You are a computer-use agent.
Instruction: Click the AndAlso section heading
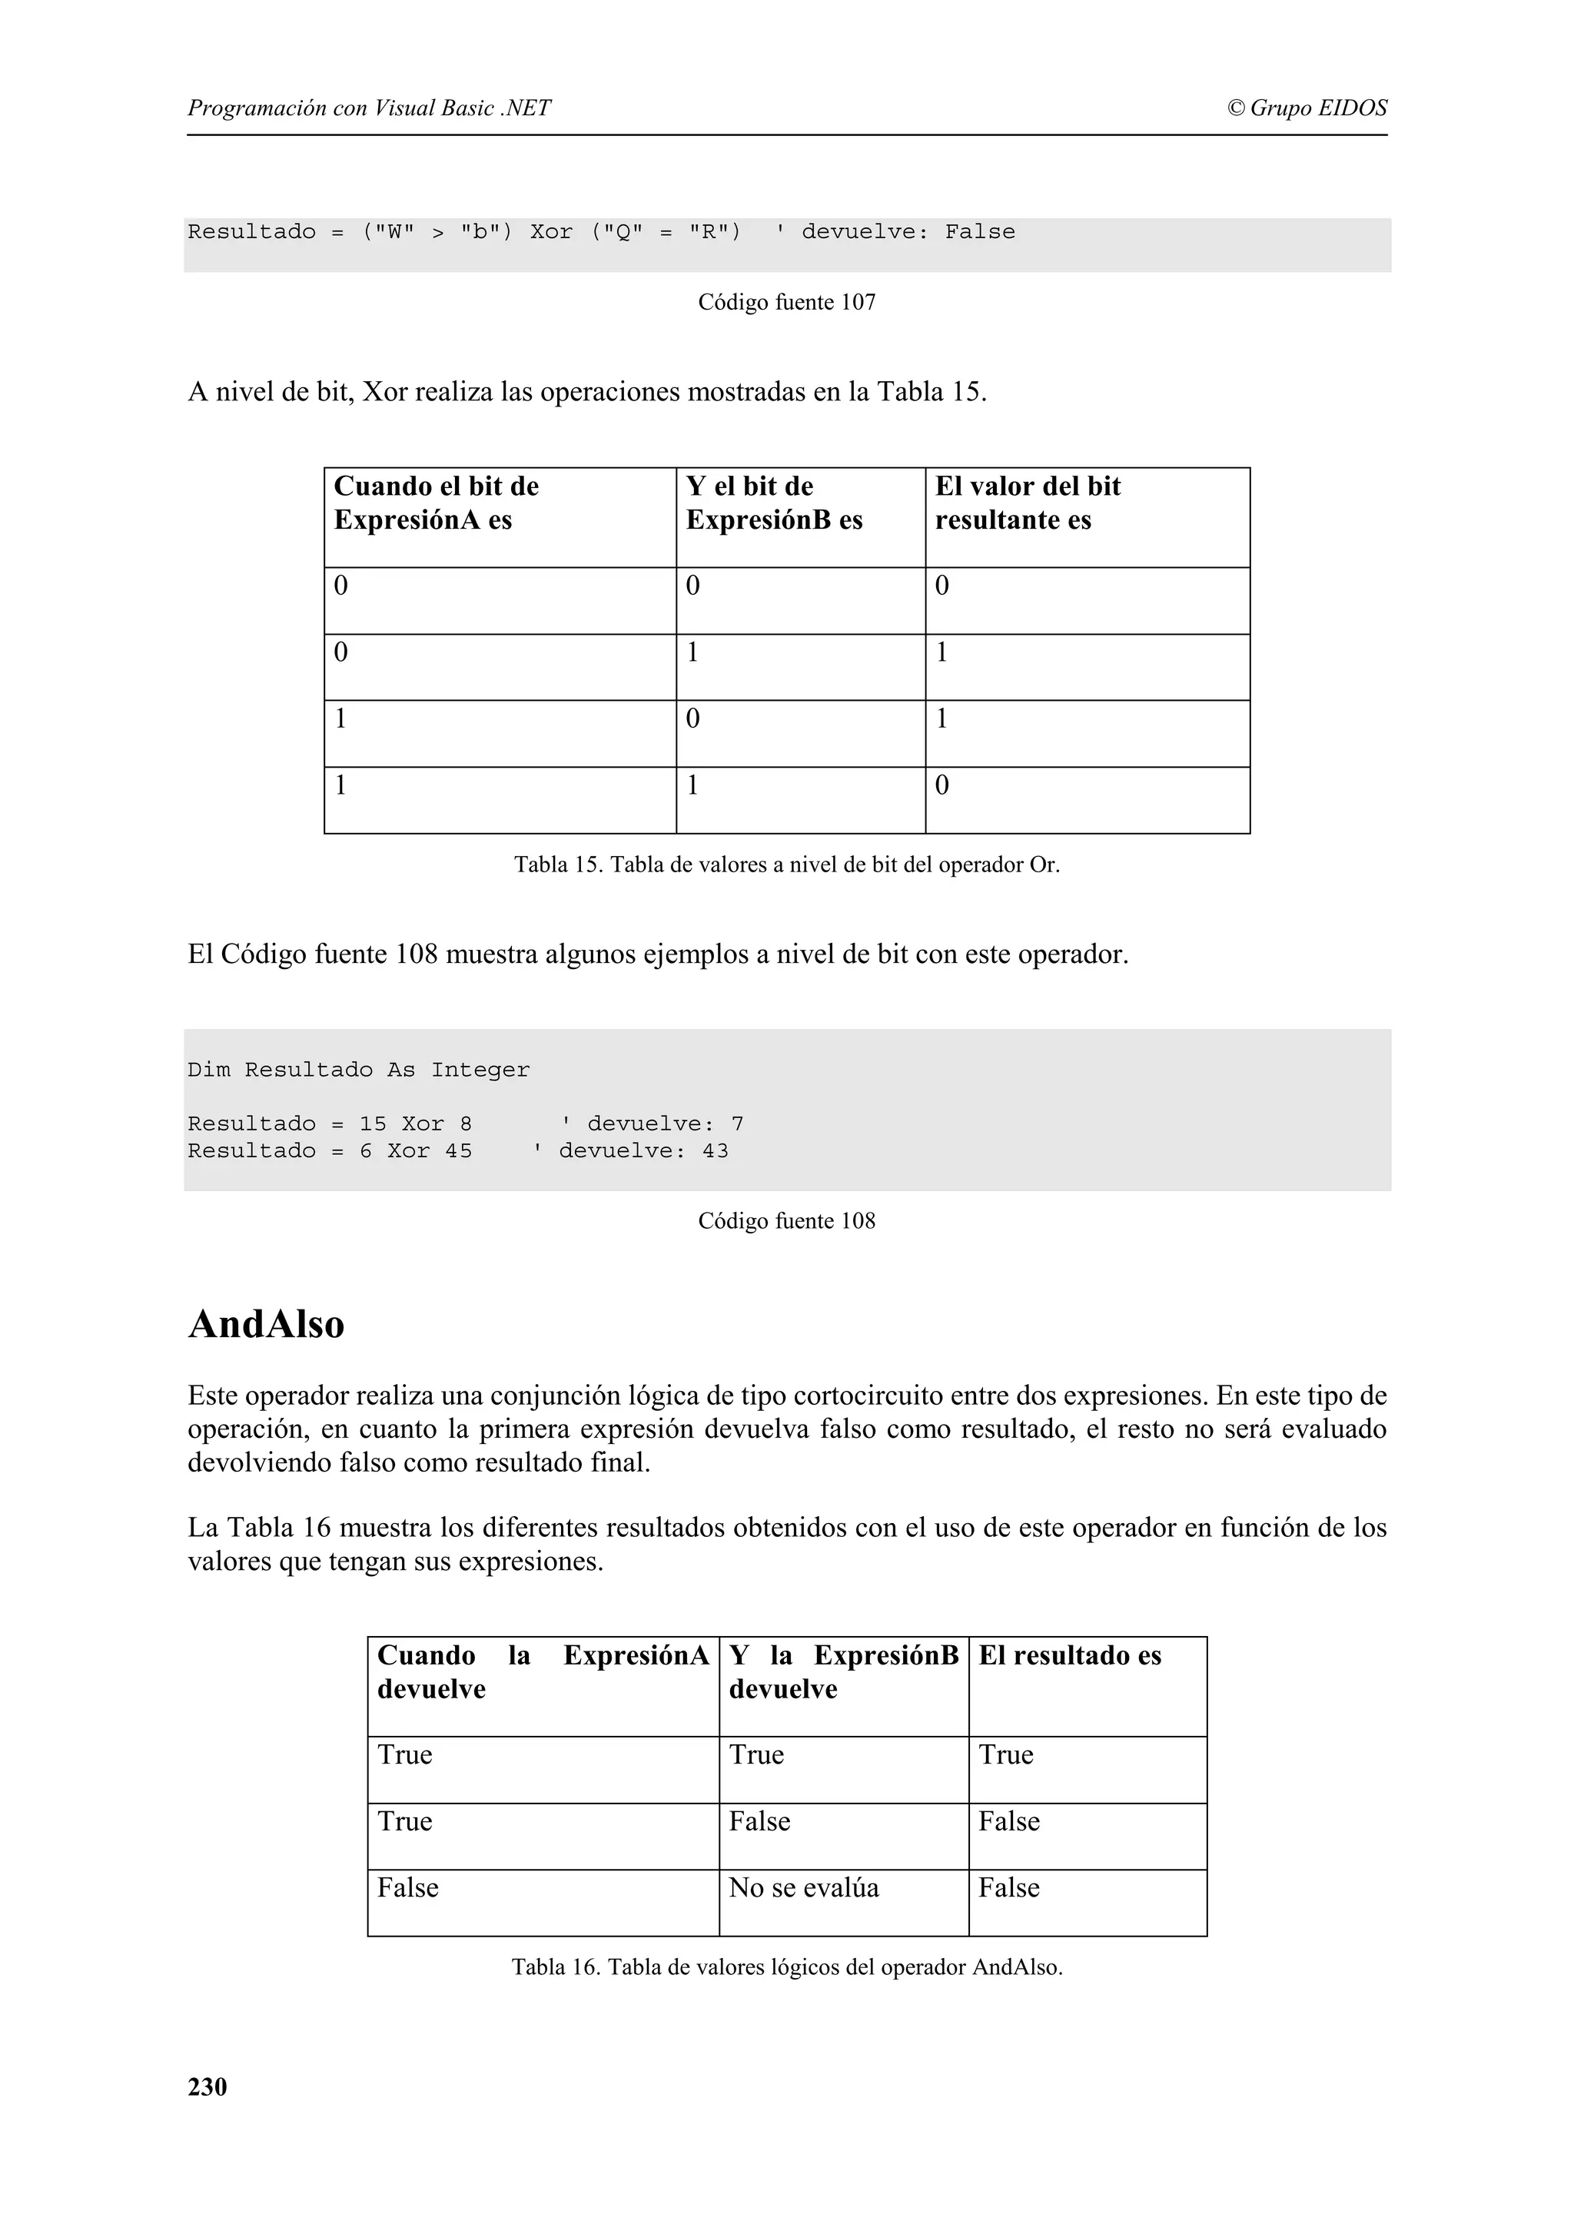point(266,1324)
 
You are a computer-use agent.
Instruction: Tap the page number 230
point(207,2086)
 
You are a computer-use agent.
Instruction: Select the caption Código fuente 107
point(785,303)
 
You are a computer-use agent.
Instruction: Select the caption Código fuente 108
point(785,1221)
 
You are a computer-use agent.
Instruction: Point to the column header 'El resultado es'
point(1069,1656)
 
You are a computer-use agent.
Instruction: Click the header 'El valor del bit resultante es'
point(1026,503)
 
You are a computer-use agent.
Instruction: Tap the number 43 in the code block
point(715,1151)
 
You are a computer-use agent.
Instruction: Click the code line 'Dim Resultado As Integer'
point(358,1070)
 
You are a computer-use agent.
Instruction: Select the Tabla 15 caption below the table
point(785,865)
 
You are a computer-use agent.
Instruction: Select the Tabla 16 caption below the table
point(785,1967)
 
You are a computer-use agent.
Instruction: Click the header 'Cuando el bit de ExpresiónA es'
point(436,503)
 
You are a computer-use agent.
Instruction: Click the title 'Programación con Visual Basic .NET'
point(369,108)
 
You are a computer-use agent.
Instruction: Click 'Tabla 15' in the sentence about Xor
point(927,392)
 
